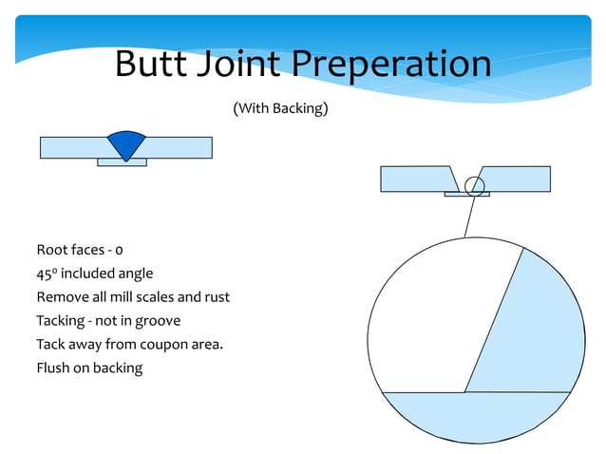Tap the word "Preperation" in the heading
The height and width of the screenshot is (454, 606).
(x=391, y=65)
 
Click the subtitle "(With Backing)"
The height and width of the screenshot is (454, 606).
(x=280, y=109)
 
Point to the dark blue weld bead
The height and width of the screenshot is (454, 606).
(x=125, y=143)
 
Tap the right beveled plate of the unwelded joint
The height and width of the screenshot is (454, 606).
(x=519, y=179)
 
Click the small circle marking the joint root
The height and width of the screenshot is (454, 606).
(x=475, y=186)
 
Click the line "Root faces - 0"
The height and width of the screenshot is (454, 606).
(x=80, y=251)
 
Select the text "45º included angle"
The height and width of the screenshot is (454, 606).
(x=94, y=274)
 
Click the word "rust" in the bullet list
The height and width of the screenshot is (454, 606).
(x=215, y=297)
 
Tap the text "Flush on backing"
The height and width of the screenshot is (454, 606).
(x=89, y=367)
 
